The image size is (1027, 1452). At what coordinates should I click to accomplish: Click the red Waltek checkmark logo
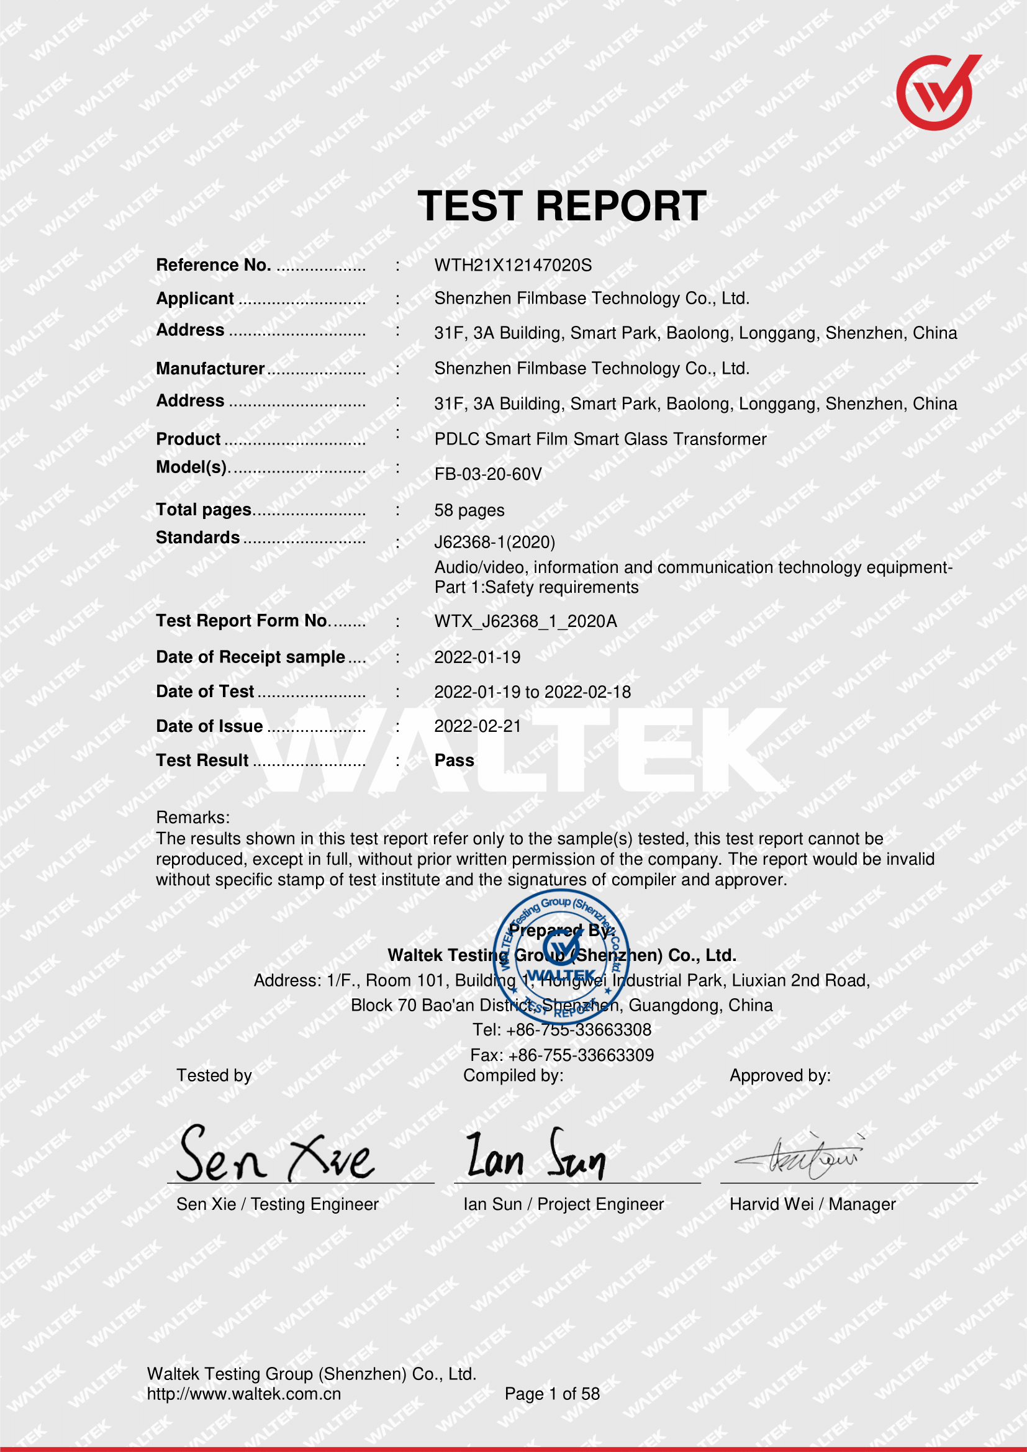tap(937, 93)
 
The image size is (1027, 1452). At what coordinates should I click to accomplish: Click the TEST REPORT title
tap(561, 206)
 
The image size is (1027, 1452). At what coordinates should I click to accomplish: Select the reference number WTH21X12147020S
tap(513, 265)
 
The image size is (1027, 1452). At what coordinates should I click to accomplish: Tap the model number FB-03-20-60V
tap(487, 474)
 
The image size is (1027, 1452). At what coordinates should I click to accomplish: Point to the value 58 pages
tap(469, 510)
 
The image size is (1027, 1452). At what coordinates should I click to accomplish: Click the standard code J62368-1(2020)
tap(494, 542)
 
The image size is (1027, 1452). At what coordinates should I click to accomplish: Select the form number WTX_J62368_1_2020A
tap(525, 621)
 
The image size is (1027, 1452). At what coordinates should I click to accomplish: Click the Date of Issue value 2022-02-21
tap(477, 726)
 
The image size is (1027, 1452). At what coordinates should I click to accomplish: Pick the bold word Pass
tap(454, 760)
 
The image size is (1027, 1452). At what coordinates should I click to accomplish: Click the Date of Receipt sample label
tap(250, 657)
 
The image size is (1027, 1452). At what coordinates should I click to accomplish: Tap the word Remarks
tap(193, 817)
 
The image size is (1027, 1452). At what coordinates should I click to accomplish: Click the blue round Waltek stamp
tap(561, 955)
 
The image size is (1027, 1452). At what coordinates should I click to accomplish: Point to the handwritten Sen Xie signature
tap(276, 1155)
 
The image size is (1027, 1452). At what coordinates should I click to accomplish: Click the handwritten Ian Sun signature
tap(535, 1156)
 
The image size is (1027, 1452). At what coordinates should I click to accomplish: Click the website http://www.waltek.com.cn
tap(243, 1394)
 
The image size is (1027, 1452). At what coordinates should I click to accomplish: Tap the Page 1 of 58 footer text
tap(552, 1394)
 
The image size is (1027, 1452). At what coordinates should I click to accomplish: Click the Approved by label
tap(780, 1076)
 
